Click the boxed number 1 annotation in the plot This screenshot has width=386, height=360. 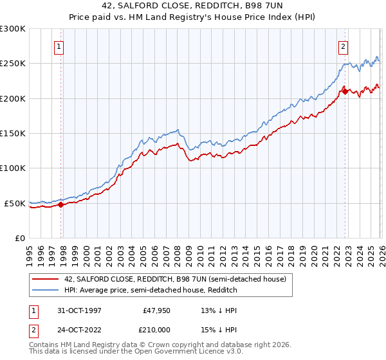(59, 46)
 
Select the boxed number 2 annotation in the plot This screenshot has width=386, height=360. (344, 46)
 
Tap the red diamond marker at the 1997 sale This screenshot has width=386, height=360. (61, 205)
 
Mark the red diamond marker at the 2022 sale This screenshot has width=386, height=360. (345, 92)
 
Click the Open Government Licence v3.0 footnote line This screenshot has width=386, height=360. (136, 352)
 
